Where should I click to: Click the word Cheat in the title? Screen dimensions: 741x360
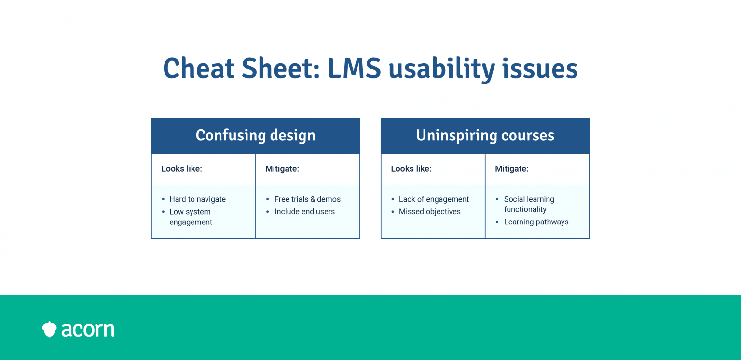[x=199, y=69]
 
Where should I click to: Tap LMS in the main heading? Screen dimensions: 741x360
[x=354, y=69]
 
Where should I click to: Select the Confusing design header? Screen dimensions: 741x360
[x=255, y=135]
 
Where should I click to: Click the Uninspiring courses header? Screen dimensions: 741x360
[x=485, y=135]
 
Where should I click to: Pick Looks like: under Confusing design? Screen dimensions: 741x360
[x=181, y=169]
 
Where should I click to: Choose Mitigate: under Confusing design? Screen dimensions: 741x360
[x=282, y=169]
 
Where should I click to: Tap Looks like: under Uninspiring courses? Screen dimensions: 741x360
[x=411, y=169]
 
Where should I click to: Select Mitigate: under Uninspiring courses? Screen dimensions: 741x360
[x=512, y=169]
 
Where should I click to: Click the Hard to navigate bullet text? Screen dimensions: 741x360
[x=197, y=199]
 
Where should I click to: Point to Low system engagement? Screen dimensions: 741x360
[x=191, y=217]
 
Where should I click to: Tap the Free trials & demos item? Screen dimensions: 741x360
[x=307, y=199]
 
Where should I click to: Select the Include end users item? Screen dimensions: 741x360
[x=304, y=211]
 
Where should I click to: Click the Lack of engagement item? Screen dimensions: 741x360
[x=434, y=199]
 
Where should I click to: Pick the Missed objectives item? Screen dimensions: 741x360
[x=429, y=212]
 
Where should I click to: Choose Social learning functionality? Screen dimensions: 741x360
[x=529, y=204]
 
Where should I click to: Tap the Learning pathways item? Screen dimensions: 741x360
[x=536, y=222]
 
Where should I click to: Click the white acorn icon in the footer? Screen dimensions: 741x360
[x=50, y=330]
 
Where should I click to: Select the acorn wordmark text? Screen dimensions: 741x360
[x=88, y=330]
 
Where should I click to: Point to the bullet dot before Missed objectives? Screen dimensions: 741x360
[x=393, y=212]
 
